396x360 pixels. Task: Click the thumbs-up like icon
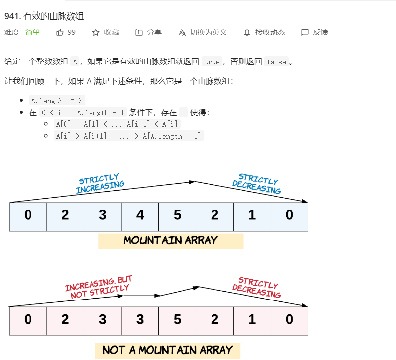tap(60, 32)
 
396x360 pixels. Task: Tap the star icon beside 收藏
tap(96, 32)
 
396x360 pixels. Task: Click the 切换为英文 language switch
tap(203, 32)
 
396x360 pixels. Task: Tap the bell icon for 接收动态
tap(247, 32)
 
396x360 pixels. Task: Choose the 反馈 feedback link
tap(314, 32)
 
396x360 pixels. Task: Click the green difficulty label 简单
tap(33, 32)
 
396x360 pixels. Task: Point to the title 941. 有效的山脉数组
tap(44, 16)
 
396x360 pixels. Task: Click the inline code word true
tap(212, 62)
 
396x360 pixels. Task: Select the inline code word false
tap(275, 62)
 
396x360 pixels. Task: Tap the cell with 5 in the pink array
tap(177, 320)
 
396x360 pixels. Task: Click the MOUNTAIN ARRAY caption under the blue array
tap(171, 241)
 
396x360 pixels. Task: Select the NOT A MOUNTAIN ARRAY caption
tap(167, 350)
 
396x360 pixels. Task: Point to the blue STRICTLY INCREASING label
tap(100, 183)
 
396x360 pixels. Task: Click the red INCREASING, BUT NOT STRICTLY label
tap(99, 287)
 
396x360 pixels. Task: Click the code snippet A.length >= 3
tap(58, 100)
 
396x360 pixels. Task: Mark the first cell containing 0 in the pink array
tap(28, 320)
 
